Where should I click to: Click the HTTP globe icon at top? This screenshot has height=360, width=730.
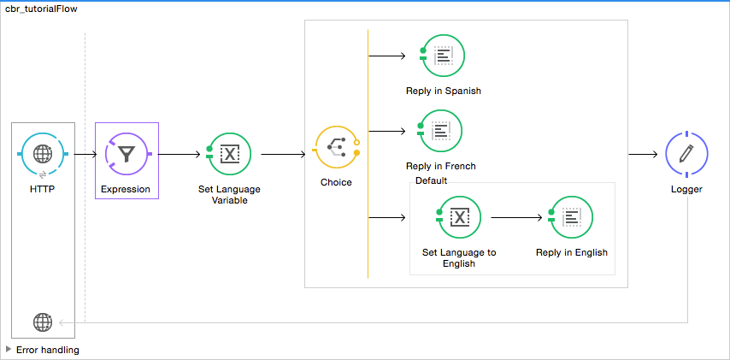click(42, 154)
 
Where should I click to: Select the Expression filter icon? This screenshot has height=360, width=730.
click(127, 154)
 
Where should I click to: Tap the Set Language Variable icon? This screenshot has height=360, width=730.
click(230, 154)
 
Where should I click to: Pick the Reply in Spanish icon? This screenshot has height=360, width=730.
click(444, 56)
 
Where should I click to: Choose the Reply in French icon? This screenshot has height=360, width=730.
click(441, 131)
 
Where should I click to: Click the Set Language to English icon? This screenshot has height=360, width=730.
click(459, 217)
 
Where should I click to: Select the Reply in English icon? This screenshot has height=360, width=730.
click(572, 217)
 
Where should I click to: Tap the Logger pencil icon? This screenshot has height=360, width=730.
click(686, 154)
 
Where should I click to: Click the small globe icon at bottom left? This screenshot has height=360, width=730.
click(42, 322)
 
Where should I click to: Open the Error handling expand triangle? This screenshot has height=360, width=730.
click(9, 349)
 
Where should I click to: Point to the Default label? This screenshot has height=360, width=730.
click(431, 180)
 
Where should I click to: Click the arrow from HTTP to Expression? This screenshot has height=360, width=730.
click(85, 155)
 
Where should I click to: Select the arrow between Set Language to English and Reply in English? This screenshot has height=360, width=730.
click(516, 217)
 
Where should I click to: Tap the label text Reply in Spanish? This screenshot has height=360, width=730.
click(444, 91)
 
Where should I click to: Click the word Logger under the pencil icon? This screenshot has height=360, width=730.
click(686, 189)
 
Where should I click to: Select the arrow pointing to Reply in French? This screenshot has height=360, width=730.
click(386, 131)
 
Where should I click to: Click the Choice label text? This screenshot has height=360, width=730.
click(336, 182)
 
